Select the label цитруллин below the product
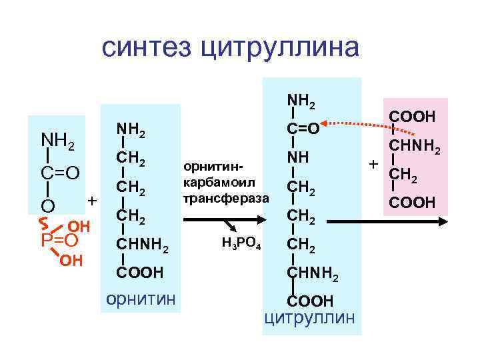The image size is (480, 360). point(310,316)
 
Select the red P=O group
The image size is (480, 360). point(60,239)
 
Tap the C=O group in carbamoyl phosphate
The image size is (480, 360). point(61,173)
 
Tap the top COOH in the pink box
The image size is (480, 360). point(413,117)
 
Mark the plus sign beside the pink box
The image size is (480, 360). point(373,163)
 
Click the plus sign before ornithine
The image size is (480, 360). point(93,200)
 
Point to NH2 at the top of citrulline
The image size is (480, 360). point(301,101)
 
